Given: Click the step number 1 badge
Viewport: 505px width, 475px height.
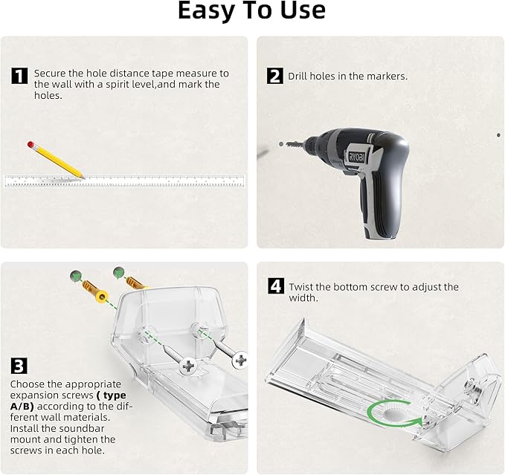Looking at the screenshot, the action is tap(19, 76).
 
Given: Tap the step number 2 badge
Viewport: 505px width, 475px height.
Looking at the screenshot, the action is tap(275, 76).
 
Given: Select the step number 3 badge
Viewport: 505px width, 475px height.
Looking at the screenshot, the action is tap(19, 366).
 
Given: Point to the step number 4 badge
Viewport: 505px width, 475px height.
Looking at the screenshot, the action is tap(276, 285).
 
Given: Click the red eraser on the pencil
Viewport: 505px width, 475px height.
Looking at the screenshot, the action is tap(31, 144).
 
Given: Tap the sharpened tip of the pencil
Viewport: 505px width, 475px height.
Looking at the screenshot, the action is tap(83, 177).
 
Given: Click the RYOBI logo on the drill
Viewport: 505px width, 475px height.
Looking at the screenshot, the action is tap(356, 156).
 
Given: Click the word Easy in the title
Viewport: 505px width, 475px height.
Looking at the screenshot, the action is tap(205, 10).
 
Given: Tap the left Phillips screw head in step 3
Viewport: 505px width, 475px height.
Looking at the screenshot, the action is tap(188, 366).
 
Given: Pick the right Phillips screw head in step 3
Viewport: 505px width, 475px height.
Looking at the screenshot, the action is tap(240, 360).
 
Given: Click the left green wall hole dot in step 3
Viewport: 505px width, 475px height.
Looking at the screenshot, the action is tap(76, 276).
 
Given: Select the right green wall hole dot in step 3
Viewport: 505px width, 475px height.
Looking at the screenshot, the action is tap(119, 272).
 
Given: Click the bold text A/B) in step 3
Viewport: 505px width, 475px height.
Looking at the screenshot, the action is tap(22, 407).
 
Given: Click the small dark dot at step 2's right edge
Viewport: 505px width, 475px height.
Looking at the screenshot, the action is tap(498, 135).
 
